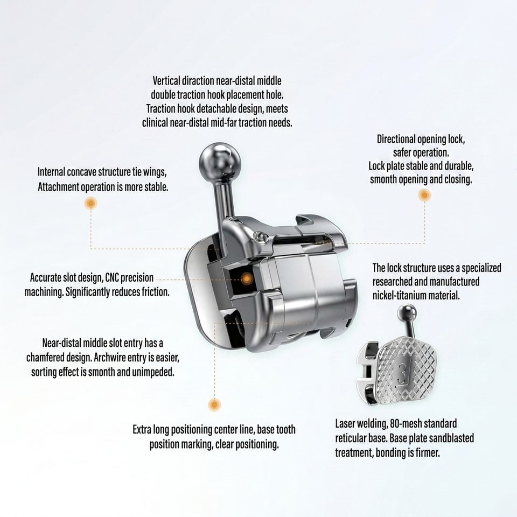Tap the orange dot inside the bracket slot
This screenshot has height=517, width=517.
click(247, 279)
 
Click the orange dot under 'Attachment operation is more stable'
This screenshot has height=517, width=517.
click(90, 203)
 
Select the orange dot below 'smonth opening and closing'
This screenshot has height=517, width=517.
click(425, 195)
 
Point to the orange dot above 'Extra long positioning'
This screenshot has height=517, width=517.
click(214, 404)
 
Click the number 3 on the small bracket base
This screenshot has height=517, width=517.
click(403, 374)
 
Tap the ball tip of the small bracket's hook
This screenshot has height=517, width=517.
click(407, 312)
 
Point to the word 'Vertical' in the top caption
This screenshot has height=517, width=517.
click(166, 81)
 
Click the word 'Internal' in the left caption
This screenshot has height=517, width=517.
click(51, 172)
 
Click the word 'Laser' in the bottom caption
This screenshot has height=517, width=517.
click(345, 424)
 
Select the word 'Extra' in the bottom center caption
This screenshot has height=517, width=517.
click(142, 430)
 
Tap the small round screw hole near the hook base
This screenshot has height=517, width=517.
click(259, 235)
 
